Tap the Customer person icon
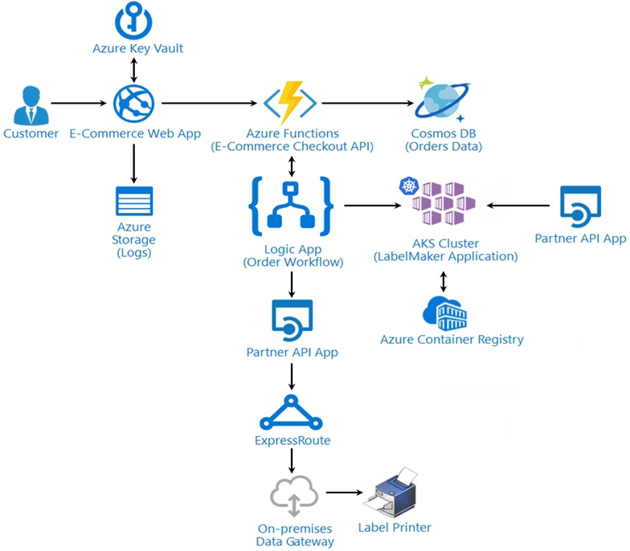[x=31, y=105]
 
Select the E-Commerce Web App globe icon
[x=133, y=104]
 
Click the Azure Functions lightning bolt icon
[x=290, y=103]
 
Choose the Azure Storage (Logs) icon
[x=134, y=201]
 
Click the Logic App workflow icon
[x=291, y=206]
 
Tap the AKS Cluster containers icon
[x=438, y=201]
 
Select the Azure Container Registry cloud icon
[x=444, y=313]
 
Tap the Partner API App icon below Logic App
[x=292, y=320]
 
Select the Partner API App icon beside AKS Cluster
[x=580, y=206]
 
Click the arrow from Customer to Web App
[x=79, y=103]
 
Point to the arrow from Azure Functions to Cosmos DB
[x=368, y=103]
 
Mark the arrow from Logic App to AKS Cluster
[x=373, y=206]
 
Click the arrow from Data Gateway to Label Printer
[x=344, y=492]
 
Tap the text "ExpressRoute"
[x=292, y=440]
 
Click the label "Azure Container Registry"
[x=452, y=340]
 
